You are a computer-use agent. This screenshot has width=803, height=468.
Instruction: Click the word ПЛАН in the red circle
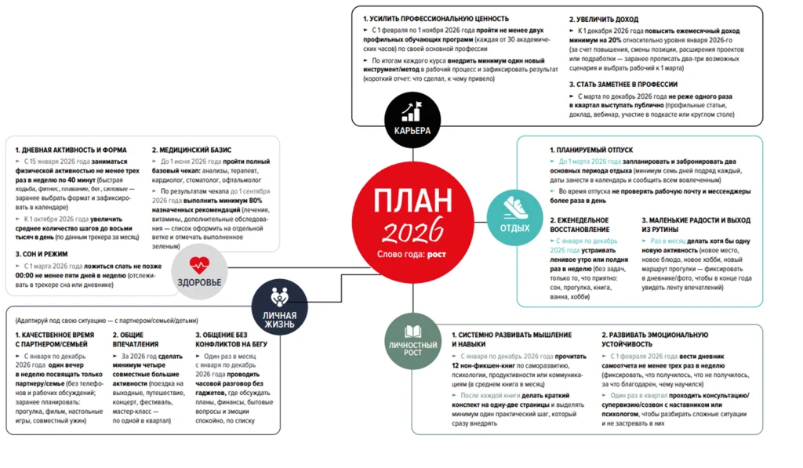(412, 199)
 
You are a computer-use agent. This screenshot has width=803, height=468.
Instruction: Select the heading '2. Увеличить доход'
(605, 18)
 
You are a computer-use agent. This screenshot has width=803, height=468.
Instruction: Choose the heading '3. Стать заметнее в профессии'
(624, 84)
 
